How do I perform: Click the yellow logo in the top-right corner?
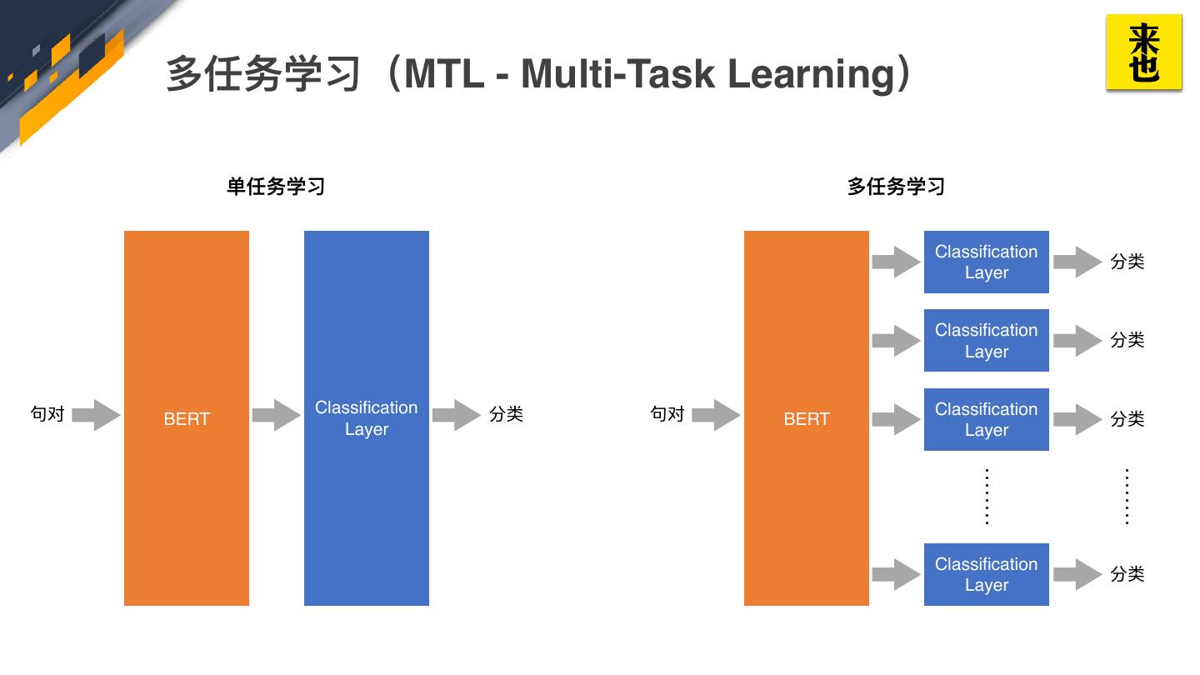1143,52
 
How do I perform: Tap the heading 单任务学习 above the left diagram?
276,187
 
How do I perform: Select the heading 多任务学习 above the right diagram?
896,187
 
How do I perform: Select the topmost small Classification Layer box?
986,262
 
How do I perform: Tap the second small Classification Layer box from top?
986,340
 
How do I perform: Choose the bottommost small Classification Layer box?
986,574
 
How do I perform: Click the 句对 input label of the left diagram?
47,414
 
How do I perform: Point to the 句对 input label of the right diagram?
667,414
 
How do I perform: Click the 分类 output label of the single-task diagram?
506,414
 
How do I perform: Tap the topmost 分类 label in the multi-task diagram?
1127,262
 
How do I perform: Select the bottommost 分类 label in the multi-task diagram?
1127,574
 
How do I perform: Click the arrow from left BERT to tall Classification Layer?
276,415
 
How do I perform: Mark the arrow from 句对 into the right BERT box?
716,415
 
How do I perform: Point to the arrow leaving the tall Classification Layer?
456,415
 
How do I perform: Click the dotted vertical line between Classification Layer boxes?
987,497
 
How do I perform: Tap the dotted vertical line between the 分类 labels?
1127,497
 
